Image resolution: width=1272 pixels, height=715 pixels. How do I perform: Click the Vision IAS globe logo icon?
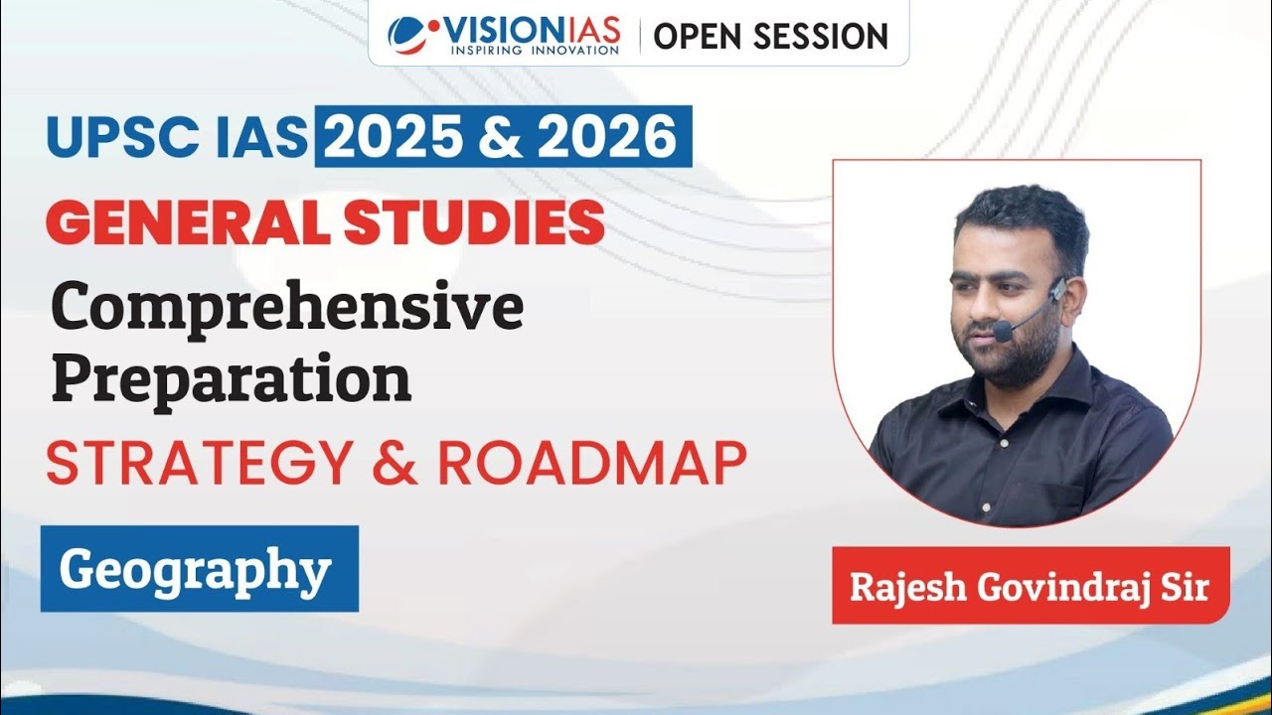(x=409, y=35)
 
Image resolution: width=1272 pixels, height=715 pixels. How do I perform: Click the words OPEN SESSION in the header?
(x=770, y=36)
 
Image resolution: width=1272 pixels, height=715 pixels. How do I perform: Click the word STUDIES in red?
(x=474, y=223)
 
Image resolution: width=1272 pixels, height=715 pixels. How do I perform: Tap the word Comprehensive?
(x=287, y=309)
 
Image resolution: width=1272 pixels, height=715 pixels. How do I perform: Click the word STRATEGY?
(x=198, y=463)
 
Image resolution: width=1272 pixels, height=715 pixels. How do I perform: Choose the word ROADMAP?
(x=592, y=463)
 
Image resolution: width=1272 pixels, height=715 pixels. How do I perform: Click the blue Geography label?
(x=199, y=569)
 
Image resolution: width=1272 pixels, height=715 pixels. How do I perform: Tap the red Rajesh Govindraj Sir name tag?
(x=1030, y=586)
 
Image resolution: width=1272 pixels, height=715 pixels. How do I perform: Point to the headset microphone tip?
(x=1003, y=332)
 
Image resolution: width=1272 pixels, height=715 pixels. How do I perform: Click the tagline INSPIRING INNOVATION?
(x=534, y=50)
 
